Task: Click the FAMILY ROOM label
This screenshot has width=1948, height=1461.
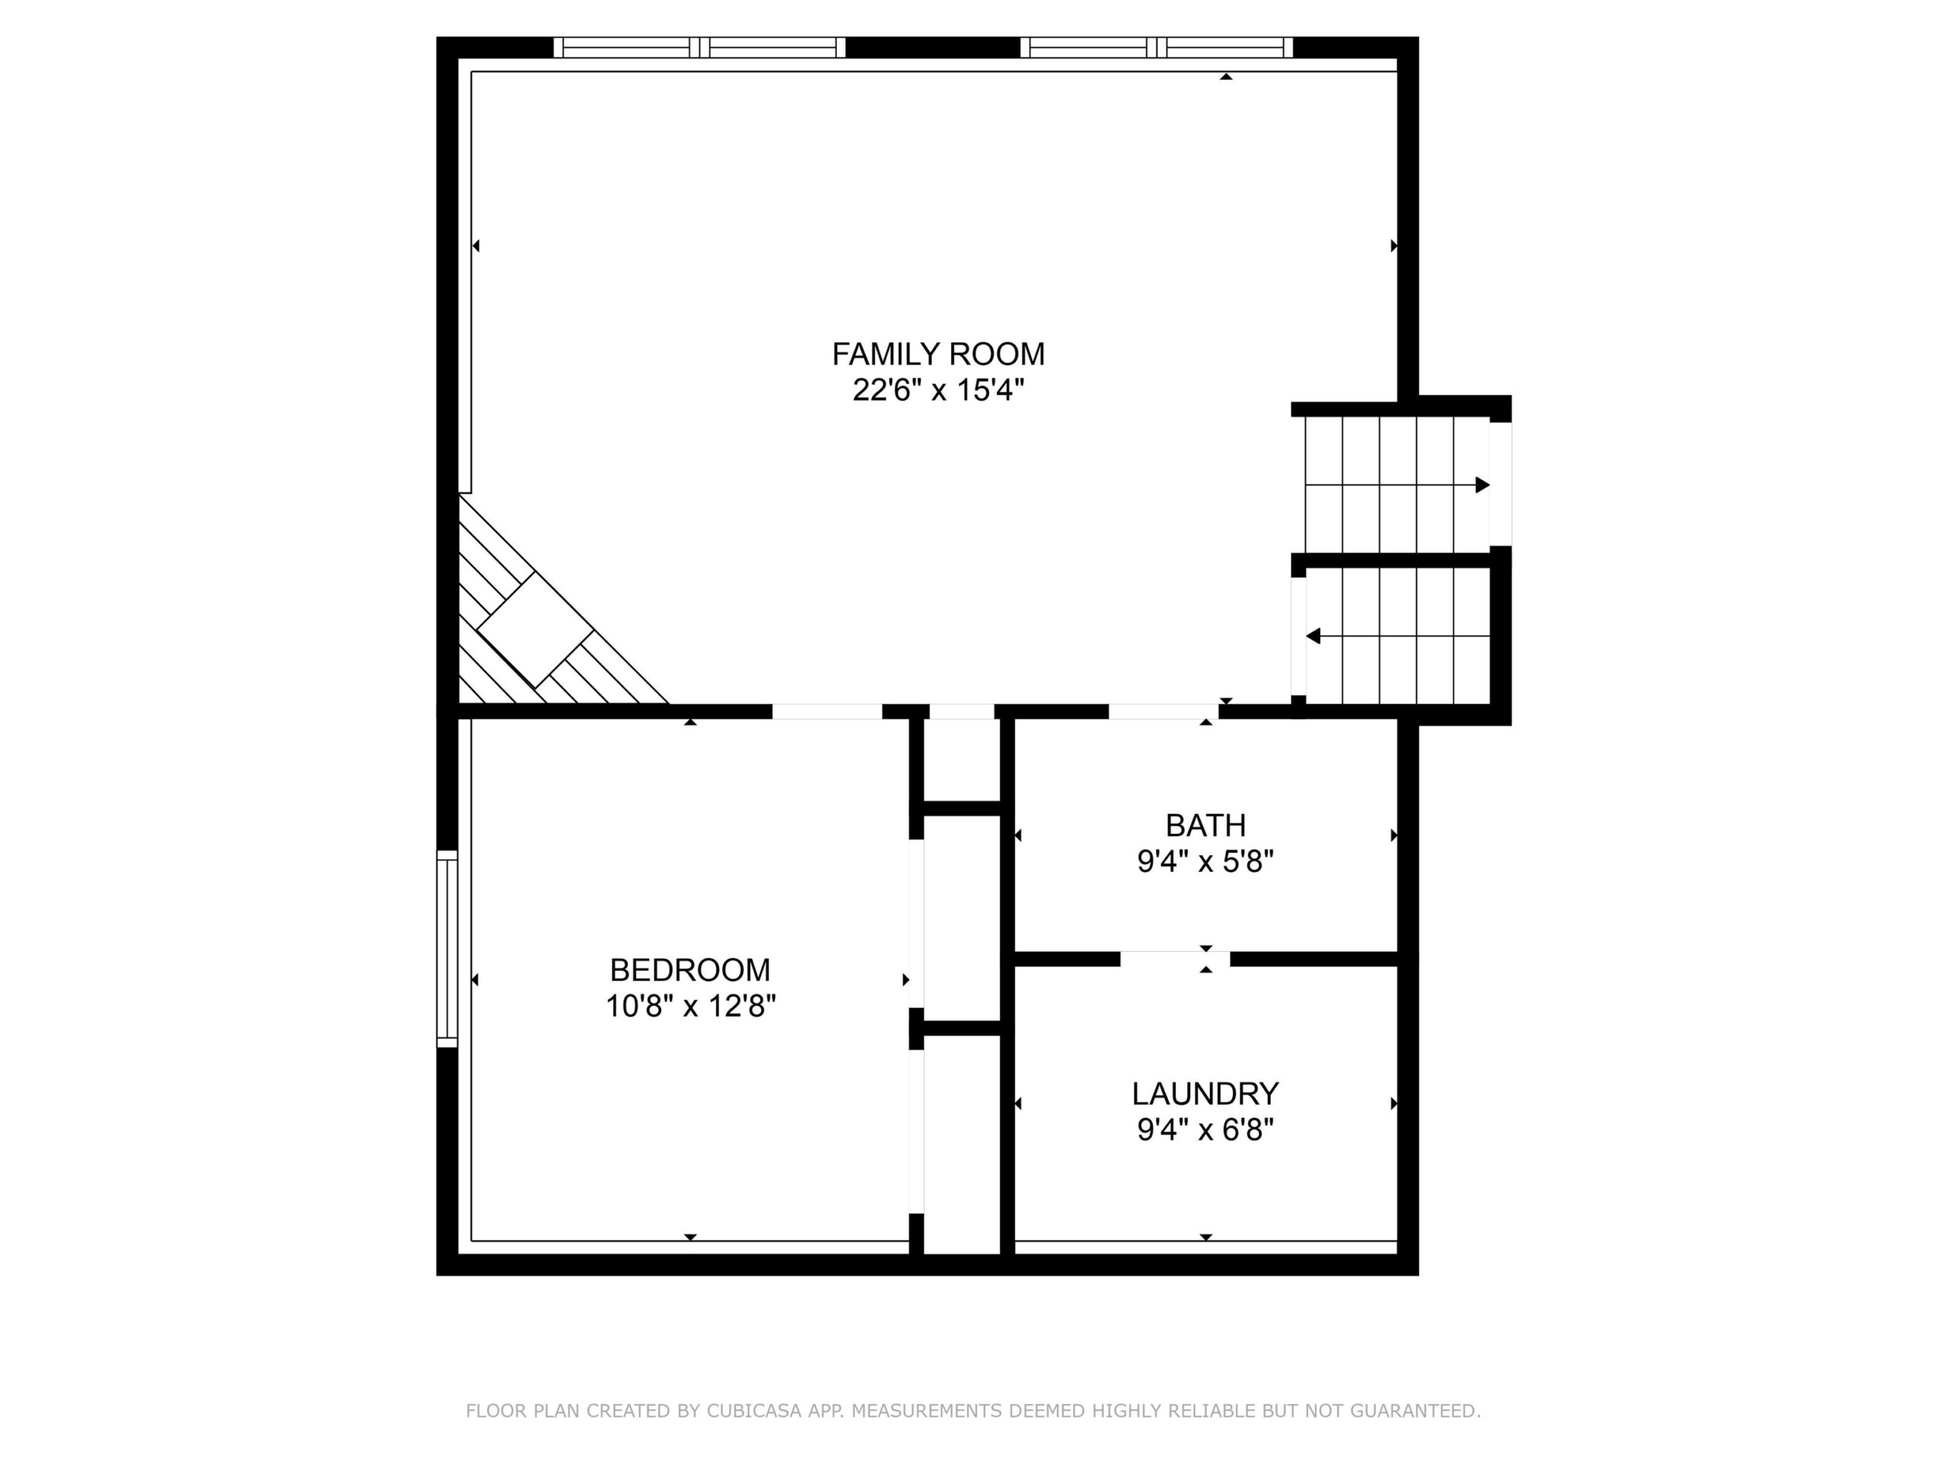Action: (x=938, y=354)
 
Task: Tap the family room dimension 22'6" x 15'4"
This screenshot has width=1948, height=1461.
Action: (x=938, y=390)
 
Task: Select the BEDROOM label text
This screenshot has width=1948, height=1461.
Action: (x=689, y=969)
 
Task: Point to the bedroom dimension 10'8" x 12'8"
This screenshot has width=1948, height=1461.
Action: (x=689, y=1005)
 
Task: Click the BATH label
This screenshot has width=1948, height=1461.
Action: (x=1205, y=825)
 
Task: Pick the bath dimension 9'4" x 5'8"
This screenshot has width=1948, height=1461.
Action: (x=1205, y=861)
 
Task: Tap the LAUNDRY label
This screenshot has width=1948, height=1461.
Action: (x=1205, y=1093)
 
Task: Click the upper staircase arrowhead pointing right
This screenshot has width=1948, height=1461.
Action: (x=1483, y=485)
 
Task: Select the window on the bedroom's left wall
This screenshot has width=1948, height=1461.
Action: (x=447, y=948)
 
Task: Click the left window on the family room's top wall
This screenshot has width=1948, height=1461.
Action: (x=699, y=47)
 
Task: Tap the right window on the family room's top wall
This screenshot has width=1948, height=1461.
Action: (x=1157, y=47)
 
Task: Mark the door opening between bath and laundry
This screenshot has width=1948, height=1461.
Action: (x=1175, y=959)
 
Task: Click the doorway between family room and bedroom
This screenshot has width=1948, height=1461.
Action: (x=827, y=711)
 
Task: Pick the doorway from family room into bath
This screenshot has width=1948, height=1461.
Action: (x=1163, y=711)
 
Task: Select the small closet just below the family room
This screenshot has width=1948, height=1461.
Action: (x=962, y=760)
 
